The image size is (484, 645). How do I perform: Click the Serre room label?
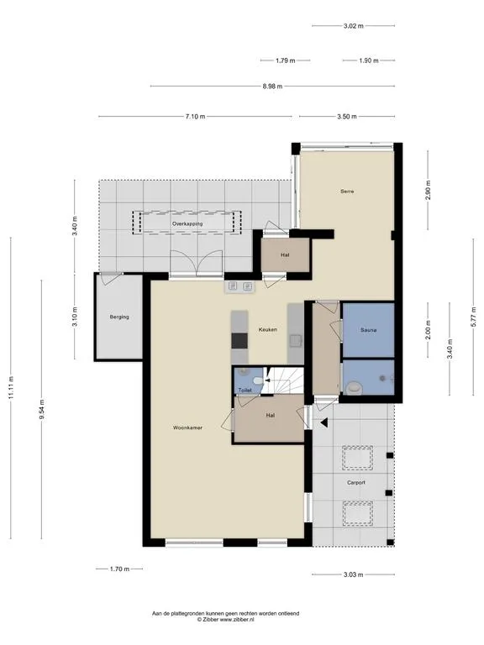pos(347,191)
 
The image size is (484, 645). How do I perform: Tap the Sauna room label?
pos(368,330)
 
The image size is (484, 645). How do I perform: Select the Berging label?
pos(119,317)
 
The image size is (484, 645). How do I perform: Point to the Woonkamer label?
pos(187,427)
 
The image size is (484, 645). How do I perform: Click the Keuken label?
pos(267,329)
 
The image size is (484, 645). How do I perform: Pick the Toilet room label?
pos(245,390)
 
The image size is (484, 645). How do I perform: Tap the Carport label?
pos(356,483)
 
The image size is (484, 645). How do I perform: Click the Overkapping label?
pos(187,223)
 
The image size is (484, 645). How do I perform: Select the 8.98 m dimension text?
pos(272,87)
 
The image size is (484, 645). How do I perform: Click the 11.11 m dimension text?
pos(11,387)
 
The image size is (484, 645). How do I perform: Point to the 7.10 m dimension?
pos(195,117)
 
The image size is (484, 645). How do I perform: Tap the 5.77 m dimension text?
pos(473,316)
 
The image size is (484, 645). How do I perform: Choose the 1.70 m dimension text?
pos(119,569)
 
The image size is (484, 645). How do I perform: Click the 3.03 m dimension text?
pos(353,574)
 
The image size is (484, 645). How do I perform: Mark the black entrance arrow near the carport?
pos(324,422)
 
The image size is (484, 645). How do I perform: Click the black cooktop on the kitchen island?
pos(239,341)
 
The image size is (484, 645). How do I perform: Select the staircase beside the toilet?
pos(283,380)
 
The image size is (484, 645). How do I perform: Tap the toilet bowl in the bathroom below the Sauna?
pos(354,387)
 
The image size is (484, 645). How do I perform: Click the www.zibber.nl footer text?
pos(237,619)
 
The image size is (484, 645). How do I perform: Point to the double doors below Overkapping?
pos(197,263)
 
